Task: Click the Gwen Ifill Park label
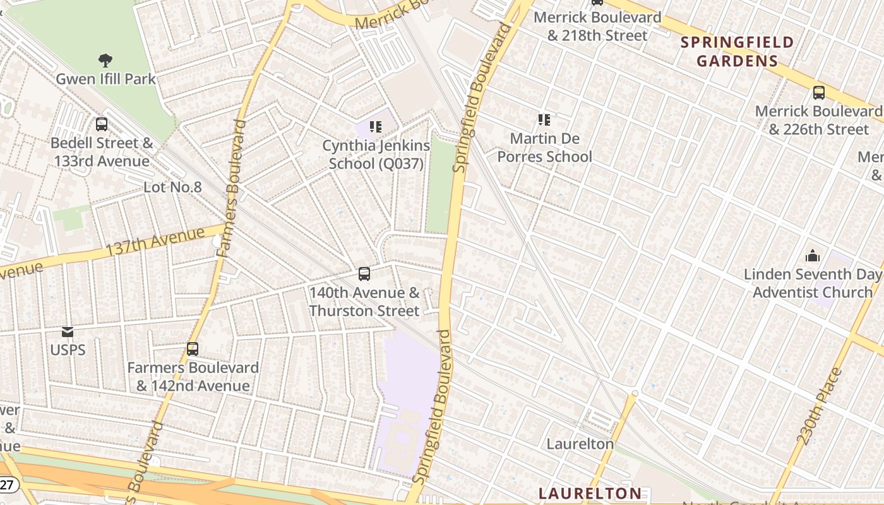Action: click(105, 79)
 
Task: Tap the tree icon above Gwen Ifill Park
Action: click(105, 61)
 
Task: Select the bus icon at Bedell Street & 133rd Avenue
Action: click(102, 124)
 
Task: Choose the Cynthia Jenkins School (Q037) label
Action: click(376, 154)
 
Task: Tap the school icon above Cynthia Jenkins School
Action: click(376, 127)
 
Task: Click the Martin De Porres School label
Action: click(544, 147)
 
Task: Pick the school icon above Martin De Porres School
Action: click(544, 120)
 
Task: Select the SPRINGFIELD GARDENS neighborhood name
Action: click(737, 52)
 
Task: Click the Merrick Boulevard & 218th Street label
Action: click(597, 27)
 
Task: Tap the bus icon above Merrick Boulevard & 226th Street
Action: click(819, 93)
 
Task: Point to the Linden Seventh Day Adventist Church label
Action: click(812, 283)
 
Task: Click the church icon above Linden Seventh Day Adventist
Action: click(813, 256)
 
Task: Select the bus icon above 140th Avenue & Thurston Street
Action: click(364, 274)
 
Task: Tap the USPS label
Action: click(68, 350)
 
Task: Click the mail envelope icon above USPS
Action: click(68, 331)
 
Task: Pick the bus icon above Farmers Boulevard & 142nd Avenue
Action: click(193, 348)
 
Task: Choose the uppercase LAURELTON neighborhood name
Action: click(590, 493)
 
